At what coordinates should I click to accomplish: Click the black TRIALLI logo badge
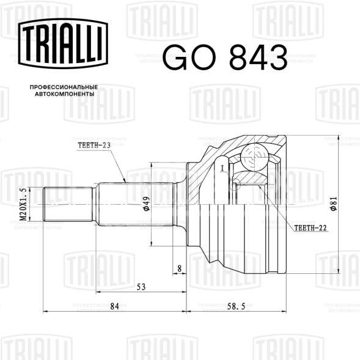click(63, 43)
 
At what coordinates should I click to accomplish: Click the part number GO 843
click(225, 57)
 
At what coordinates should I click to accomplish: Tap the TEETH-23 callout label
click(94, 145)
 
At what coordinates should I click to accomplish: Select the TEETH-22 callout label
click(310, 228)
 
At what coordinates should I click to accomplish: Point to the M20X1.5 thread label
click(23, 204)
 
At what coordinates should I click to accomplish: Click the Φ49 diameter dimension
click(147, 204)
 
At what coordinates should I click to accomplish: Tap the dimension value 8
click(180, 268)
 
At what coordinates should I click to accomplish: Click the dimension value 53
click(141, 287)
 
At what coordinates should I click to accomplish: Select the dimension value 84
click(114, 306)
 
